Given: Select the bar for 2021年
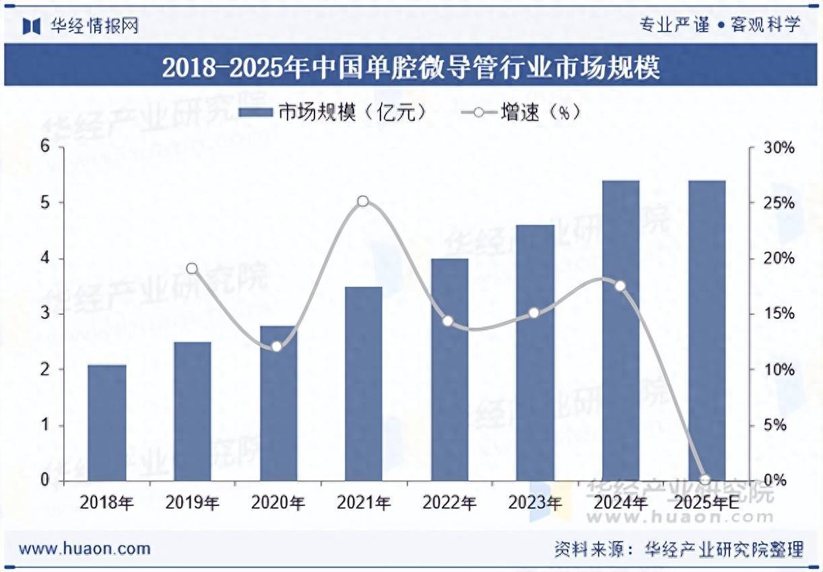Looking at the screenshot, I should point(364,384).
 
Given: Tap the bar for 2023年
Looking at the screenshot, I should point(535,353).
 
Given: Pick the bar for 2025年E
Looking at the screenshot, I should point(706,330).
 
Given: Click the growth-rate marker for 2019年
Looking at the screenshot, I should point(192,269).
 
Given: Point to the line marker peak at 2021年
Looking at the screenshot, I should point(363,201).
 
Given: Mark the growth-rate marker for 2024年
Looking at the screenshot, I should point(620,286).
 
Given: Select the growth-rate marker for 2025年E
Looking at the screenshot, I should point(705,480).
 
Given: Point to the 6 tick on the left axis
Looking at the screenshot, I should point(45,147).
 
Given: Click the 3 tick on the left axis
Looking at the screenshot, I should point(45,314).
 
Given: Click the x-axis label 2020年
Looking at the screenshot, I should point(278,503).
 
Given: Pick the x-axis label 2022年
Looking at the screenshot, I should point(449,503).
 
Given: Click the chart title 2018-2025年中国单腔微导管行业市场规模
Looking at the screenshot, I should point(411,68).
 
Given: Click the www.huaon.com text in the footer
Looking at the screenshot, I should point(85,548).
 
